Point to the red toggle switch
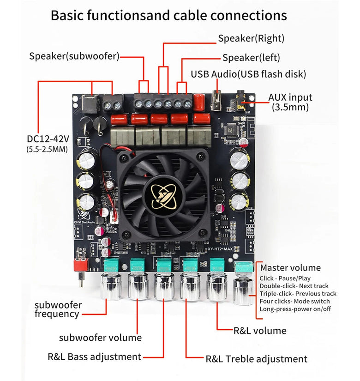click(81, 265)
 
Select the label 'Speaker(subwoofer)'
click(74, 56)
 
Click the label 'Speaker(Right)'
click(251, 38)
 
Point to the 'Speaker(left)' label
click(251, 58)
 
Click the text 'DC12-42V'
click(48, 139)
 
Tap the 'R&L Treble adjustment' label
click(256, 359)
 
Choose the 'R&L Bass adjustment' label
click(94, 357)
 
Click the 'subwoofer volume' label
click(100, 338)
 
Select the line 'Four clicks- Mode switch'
click(294, 301)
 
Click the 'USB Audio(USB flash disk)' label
click(248, 74)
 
